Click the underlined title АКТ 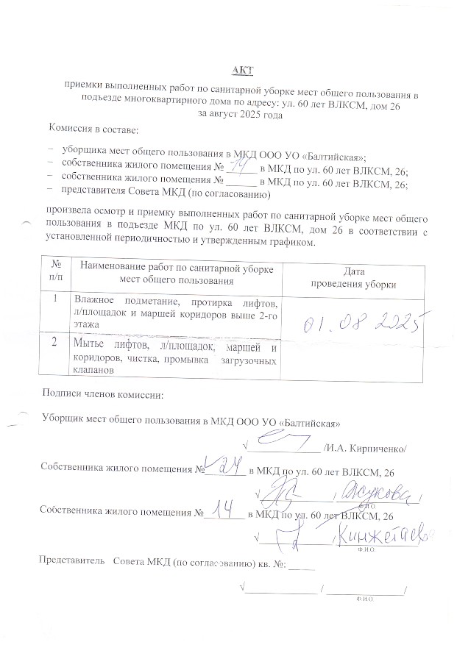pos(242,70)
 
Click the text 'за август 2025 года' pos(241,115)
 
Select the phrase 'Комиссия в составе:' pos(93,129)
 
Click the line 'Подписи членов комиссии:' pos(102,396)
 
